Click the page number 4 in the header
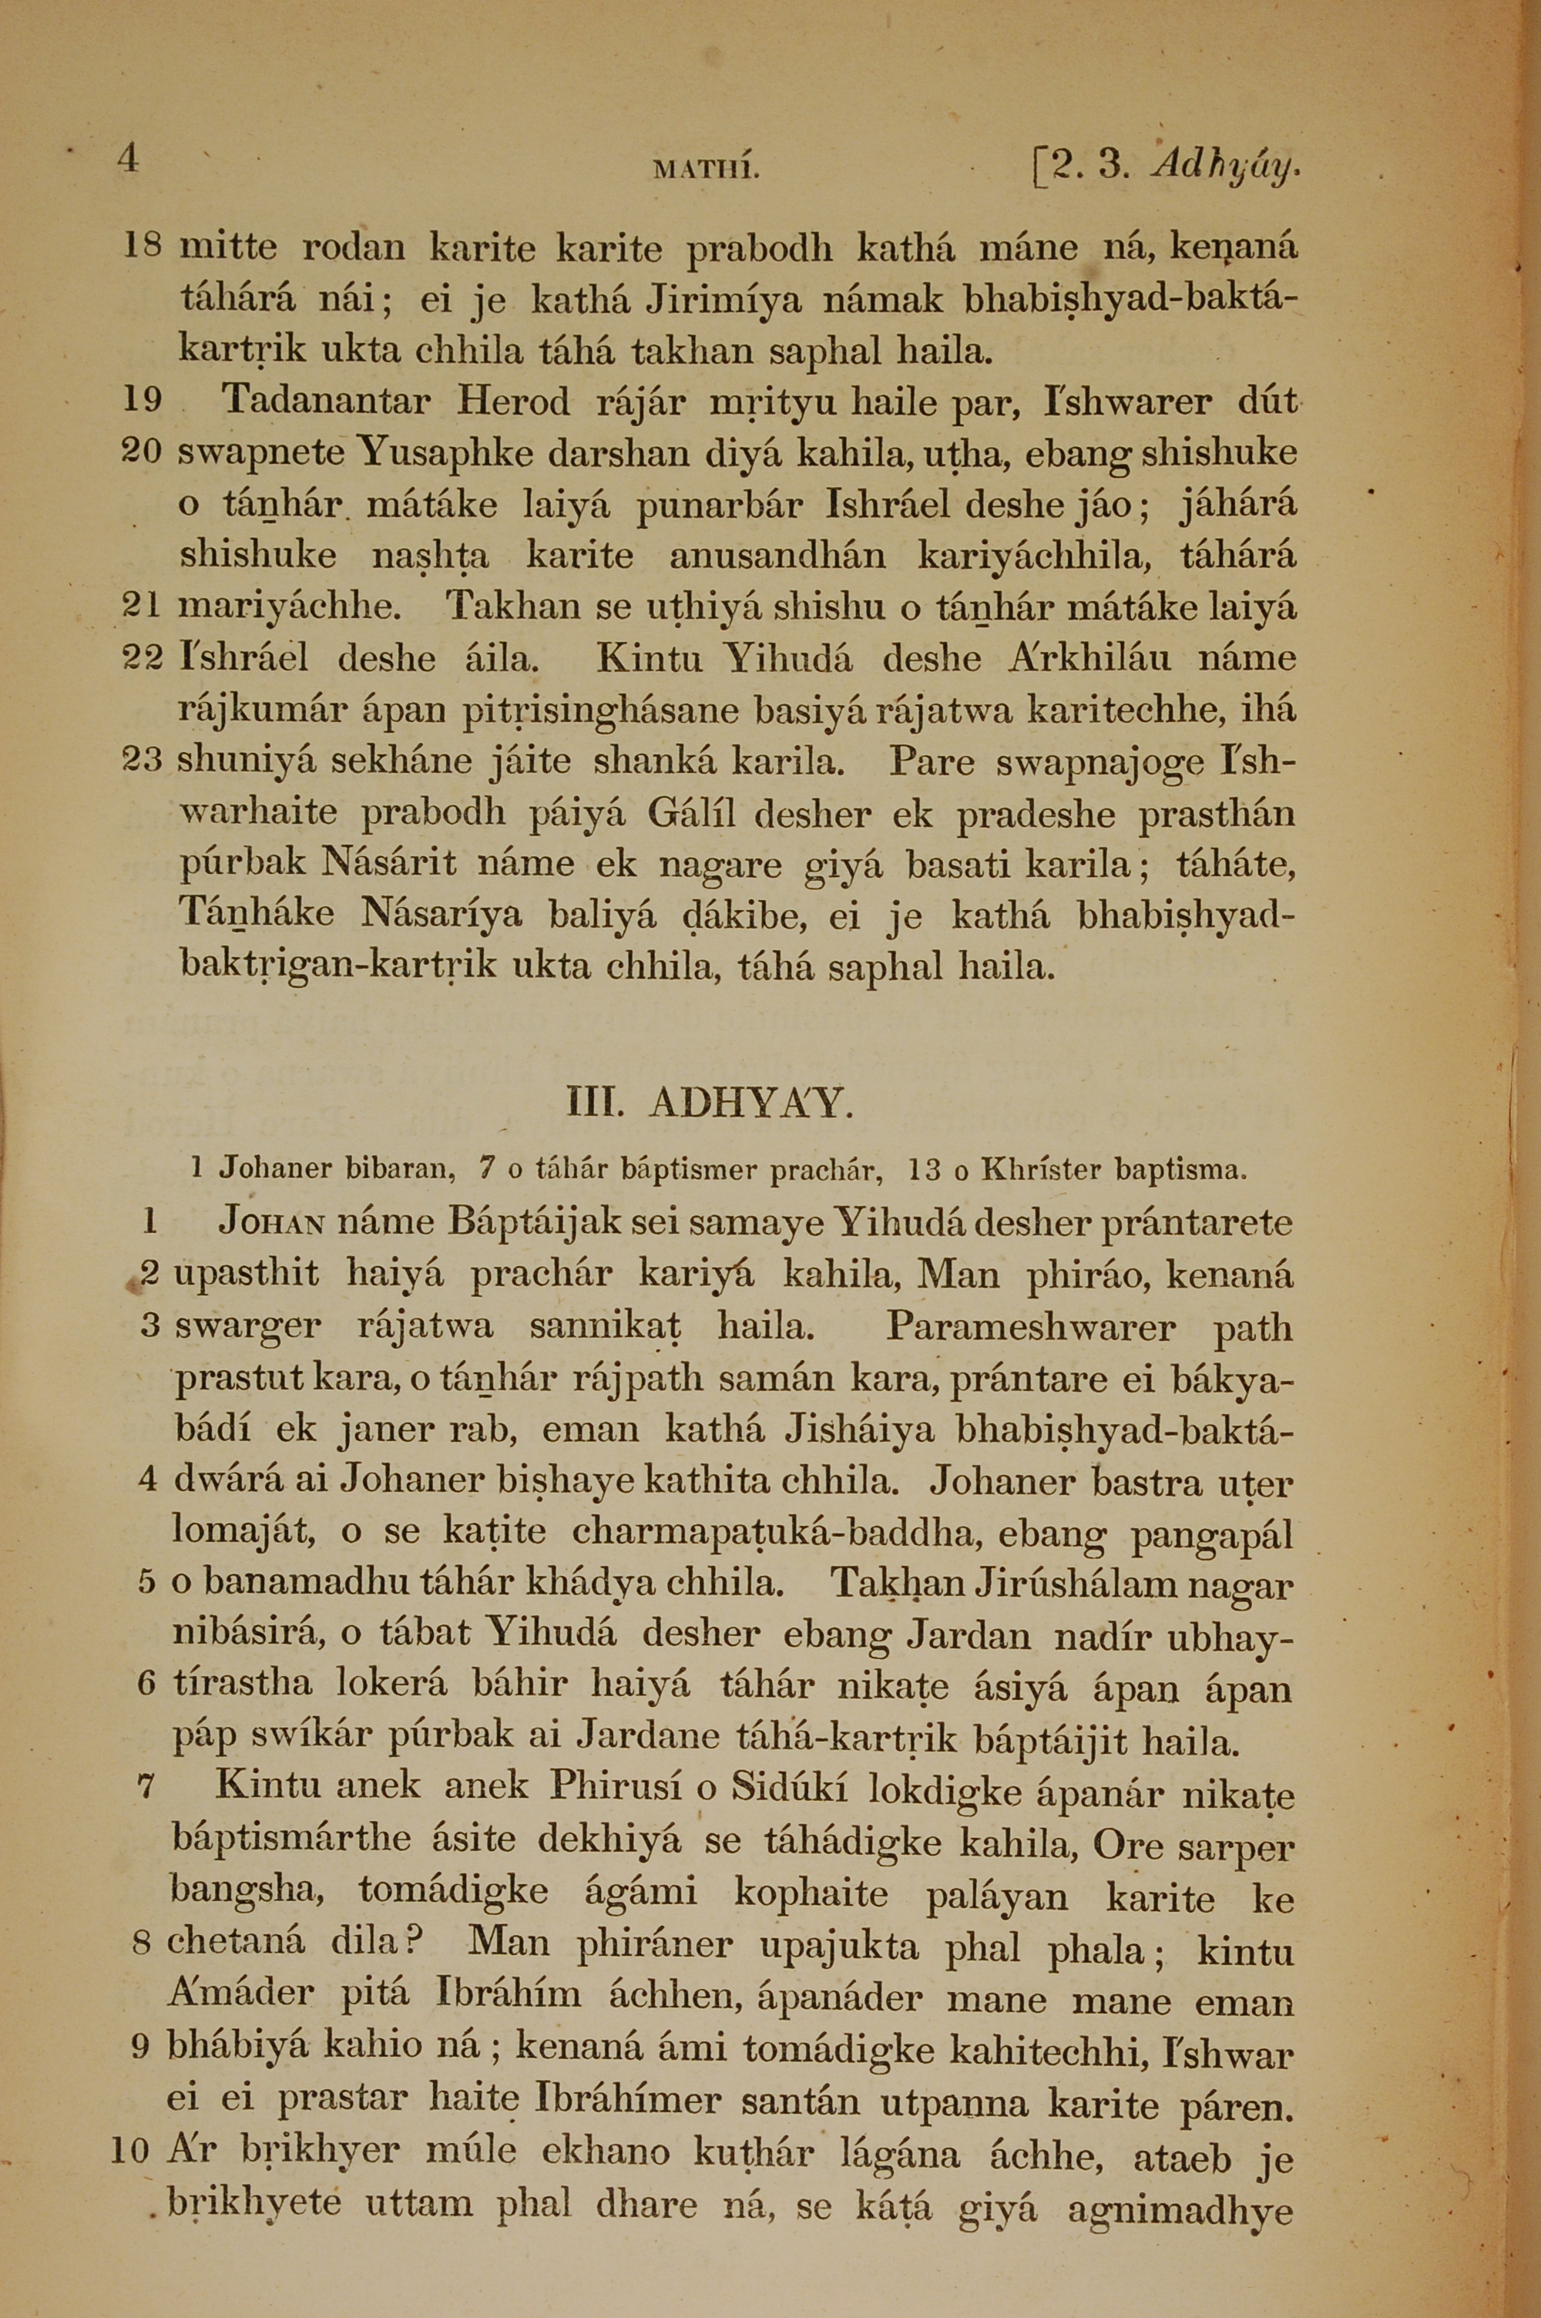[x=129, y=158]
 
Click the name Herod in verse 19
[x=513, y=401]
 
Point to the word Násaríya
[x=445, y=915]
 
